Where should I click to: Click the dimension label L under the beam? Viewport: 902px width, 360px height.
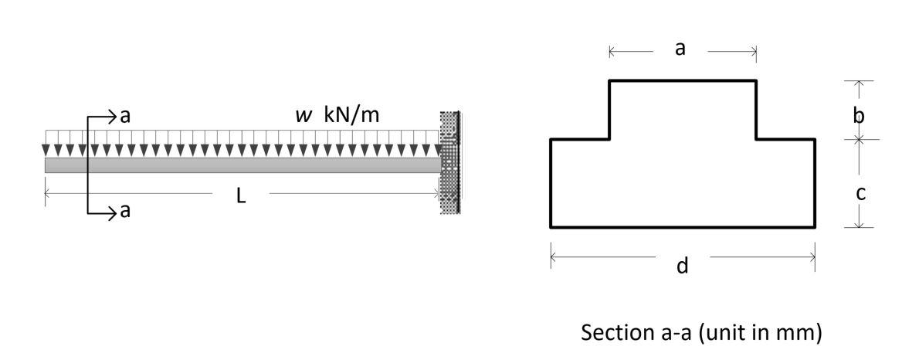click(241, 196)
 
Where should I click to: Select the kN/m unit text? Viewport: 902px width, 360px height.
click(352, 116)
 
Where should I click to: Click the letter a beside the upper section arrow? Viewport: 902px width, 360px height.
click(126, 117)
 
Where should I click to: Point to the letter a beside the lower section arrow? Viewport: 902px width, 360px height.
click(126, 212)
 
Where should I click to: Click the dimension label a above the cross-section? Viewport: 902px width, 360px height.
click(680, 49)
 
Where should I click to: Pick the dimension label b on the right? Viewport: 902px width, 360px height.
click(858, 117)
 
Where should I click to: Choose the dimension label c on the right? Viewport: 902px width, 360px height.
click(860, 193)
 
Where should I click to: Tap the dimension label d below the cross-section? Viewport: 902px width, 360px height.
click(682, 267)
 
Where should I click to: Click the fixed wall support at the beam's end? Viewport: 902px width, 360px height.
click(450, 162)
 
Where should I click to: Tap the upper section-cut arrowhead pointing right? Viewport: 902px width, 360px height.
click(112, 117)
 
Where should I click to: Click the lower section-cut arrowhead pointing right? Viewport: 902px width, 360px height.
click(112, 212)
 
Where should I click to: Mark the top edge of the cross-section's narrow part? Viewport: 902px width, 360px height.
click(683, 80)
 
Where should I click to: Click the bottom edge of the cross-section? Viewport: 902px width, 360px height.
click(683, 227)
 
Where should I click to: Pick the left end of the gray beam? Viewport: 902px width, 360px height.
click(47, 165)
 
